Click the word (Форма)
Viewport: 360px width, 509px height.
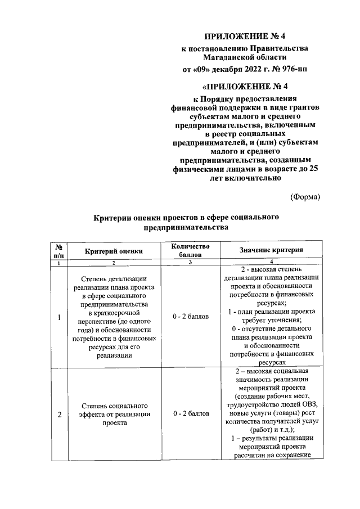(x=305, y=196)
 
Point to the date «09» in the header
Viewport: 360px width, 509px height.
(x=206, y=70)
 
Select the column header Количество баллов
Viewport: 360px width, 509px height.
(x=191, y=251)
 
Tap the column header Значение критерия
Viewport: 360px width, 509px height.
(x=271, y=250)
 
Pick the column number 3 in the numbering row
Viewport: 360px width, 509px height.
(x=191, y=263)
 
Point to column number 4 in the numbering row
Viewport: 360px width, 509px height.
(x=271, y=262)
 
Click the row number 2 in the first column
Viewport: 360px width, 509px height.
(x=59, y=415)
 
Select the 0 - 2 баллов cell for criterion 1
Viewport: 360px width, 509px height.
(x=191, y=317)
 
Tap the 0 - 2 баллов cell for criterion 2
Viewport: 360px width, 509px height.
(x=191, y=414)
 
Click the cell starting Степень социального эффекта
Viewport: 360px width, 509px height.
(x=114, y=415)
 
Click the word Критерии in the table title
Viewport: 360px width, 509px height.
(x=114, y=217)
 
